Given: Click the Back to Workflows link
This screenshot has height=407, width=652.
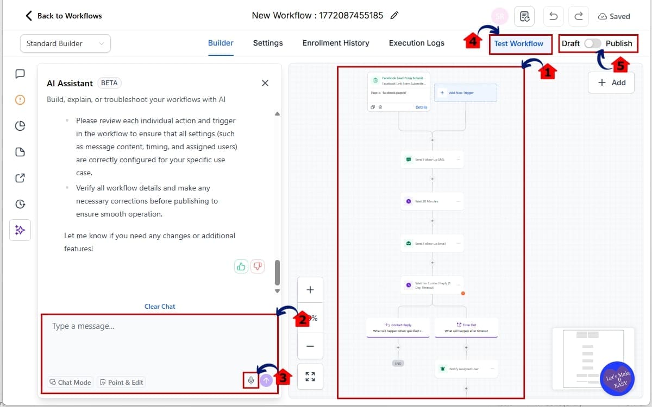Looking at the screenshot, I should (x=64, y=16).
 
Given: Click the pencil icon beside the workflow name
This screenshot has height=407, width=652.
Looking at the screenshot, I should (x=395, y=16).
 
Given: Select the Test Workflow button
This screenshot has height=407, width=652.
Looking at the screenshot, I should (x=518, y=43).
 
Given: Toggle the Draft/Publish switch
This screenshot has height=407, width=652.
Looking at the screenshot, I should (x=592, y=43).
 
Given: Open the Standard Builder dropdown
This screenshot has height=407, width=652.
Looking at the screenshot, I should (x=65, y=43).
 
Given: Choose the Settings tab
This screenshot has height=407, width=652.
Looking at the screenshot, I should (x=268, y=43).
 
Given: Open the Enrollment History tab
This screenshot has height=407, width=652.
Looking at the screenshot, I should (x=336, y=43).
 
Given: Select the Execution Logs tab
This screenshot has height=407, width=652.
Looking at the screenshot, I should (x=417, y=43).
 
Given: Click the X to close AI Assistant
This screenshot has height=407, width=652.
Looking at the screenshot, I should (x=265, y=83).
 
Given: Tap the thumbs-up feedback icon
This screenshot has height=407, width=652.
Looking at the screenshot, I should (x=241, y=266).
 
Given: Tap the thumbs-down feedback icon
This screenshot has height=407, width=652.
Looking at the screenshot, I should (x=258, y=266).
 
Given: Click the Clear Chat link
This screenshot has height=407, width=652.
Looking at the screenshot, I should (x=160, y=306).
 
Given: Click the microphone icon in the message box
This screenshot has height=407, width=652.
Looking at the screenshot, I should (x=251, y=380).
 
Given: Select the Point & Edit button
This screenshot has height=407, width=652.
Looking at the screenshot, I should (x=121, y=382).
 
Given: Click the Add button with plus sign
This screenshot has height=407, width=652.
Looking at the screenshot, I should (x=611, y=82).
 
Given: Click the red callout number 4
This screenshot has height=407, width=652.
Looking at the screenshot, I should (x=473, y=41).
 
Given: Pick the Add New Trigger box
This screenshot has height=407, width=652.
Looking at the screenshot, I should (x=465, y=93).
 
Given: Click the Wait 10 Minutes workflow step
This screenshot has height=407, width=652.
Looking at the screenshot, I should (x=432, y=201).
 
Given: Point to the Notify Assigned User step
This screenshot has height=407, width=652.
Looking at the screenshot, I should (x=466, y=369).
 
